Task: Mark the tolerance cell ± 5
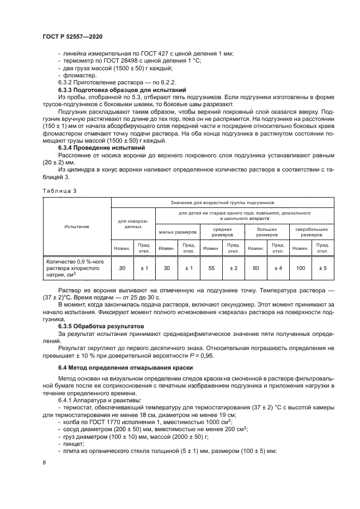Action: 322,268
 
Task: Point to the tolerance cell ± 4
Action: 278,268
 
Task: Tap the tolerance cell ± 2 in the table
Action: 233,268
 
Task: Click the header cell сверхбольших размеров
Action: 311,232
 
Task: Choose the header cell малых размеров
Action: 178,232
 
